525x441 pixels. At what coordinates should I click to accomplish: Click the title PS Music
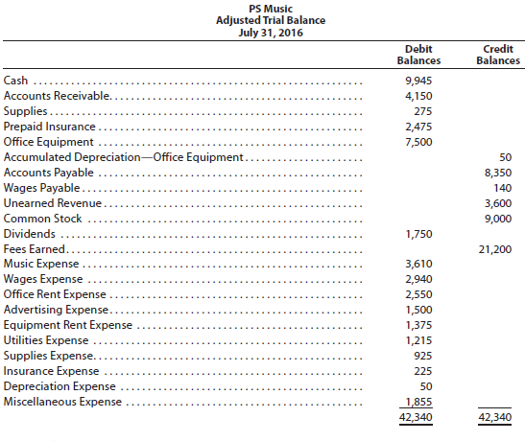[263, 8]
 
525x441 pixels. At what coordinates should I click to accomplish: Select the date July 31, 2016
[263, 33]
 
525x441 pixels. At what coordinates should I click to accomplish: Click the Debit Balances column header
[418, 54]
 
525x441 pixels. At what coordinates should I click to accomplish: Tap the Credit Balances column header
[498, 54]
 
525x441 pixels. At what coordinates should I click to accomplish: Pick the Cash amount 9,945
[418, 80]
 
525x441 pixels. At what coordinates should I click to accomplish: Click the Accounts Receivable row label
[58, 95]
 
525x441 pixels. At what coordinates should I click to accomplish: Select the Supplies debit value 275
[420, 110]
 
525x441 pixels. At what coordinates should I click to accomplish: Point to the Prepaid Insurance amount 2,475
[418, 126]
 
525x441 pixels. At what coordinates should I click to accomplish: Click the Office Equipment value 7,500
[418, 141]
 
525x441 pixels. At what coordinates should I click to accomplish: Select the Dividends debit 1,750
[418, 233]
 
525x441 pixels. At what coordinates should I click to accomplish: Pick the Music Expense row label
[41, 264]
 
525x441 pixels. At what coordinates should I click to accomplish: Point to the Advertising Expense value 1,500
[418, 310]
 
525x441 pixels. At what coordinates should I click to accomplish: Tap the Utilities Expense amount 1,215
[418, 340]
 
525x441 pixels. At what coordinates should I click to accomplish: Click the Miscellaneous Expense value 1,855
[418, 402]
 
